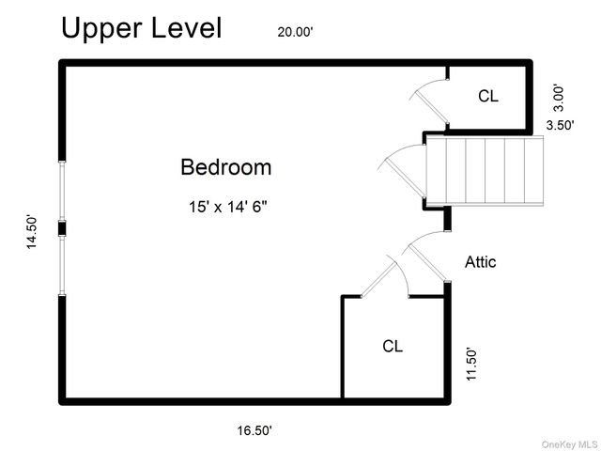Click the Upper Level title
point(142,28)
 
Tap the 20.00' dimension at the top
point(295,32)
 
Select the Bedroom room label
point(225,167)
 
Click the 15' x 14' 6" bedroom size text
point(227,207)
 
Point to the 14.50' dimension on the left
point(31,232)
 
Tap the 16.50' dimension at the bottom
point(254,430)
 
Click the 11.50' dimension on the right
point(471,365)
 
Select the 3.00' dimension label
point(560,99)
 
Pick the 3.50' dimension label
point(560,125)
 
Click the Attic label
point(480,262)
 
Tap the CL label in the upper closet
point(488,96)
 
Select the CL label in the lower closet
point(393,346)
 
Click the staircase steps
point(485,171)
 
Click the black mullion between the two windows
point(62,229)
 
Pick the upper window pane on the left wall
point(62,191)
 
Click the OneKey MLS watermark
point(569,444)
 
